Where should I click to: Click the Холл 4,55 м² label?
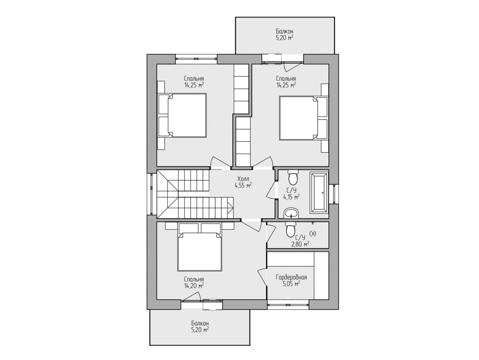[x=243, y=182]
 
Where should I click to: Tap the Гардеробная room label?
[x=291, y=278]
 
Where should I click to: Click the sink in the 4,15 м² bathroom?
[x=291, y=213]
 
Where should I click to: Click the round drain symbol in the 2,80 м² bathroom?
[x=313, y=234]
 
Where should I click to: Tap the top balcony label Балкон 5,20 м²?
[x=285, y=34]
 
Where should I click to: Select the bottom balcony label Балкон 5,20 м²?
[x=200, y=326]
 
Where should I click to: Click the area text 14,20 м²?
[x=194, y=286]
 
